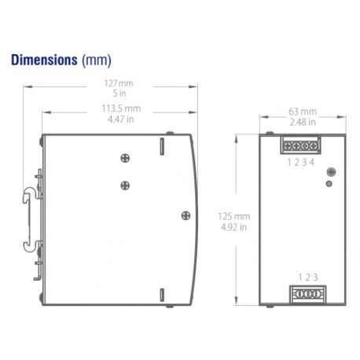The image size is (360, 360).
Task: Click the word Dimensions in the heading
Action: click(x=44, y=60)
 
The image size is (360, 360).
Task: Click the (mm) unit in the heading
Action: click(x=97, y=60)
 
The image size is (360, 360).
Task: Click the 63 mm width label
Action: click(x=303, y=112)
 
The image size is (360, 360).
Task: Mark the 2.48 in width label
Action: click(x=303, y=122)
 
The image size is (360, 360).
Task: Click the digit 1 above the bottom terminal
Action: click(x=299, y=276)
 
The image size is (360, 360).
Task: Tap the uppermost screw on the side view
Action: click(x=124, y=158)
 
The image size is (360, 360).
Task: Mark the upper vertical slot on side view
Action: click(x=162, y=147)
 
